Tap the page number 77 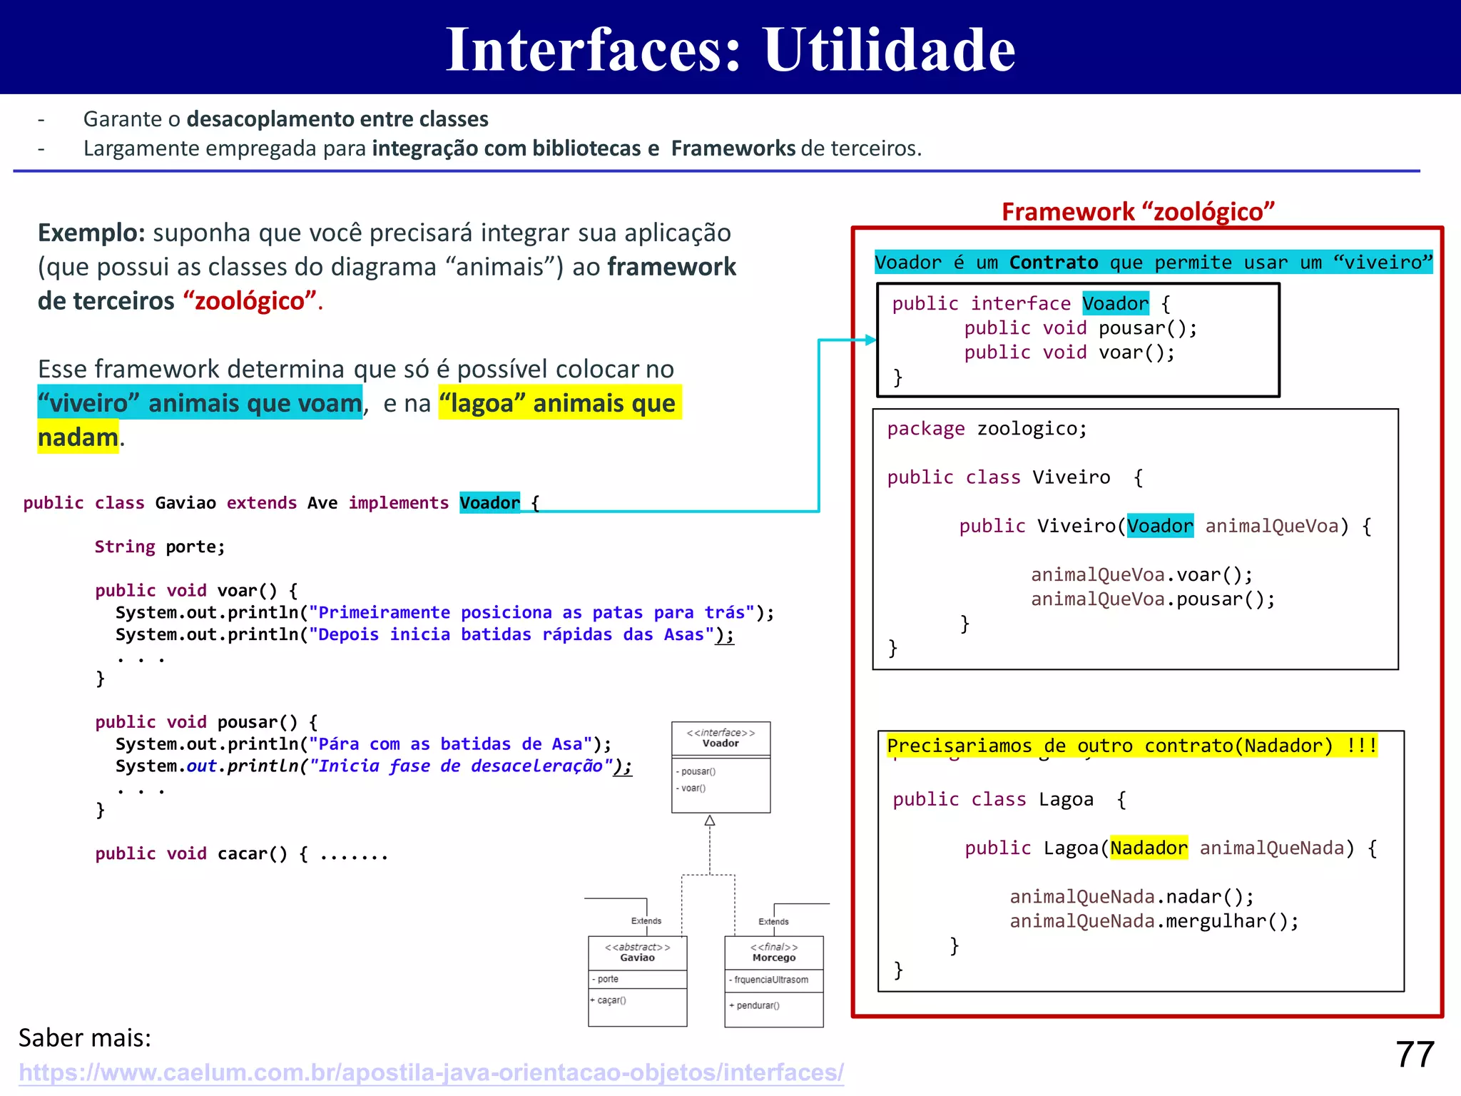click(x=1415, y=1054)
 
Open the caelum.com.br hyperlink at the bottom click(x=431, y=1072)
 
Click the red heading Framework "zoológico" click(x=1137, y=212)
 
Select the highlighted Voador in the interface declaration click(x=1115, y=303)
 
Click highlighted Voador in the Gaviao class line click(x=489, y=502)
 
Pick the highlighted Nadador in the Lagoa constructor click(x=1149, y=848)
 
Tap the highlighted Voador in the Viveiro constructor click(x=1160, y=526)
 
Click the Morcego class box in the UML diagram click(x=773, y=980)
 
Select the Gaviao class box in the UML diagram click(x=637, y=980)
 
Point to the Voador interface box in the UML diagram click(x=721, y=766)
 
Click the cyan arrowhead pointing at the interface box click(x=870, y=340)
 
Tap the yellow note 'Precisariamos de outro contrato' click(x=1131, y=746)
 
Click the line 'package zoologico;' click(x=987, y=429)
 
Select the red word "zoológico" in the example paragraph click(x=250, y=301)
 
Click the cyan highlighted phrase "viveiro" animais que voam click(x=200, y=403)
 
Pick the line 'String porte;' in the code click(x=160, y=547)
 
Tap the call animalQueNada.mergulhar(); click(x=1154, y=921)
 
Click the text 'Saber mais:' click(x=84, y=1037)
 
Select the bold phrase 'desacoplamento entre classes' click(x=337, y=119)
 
